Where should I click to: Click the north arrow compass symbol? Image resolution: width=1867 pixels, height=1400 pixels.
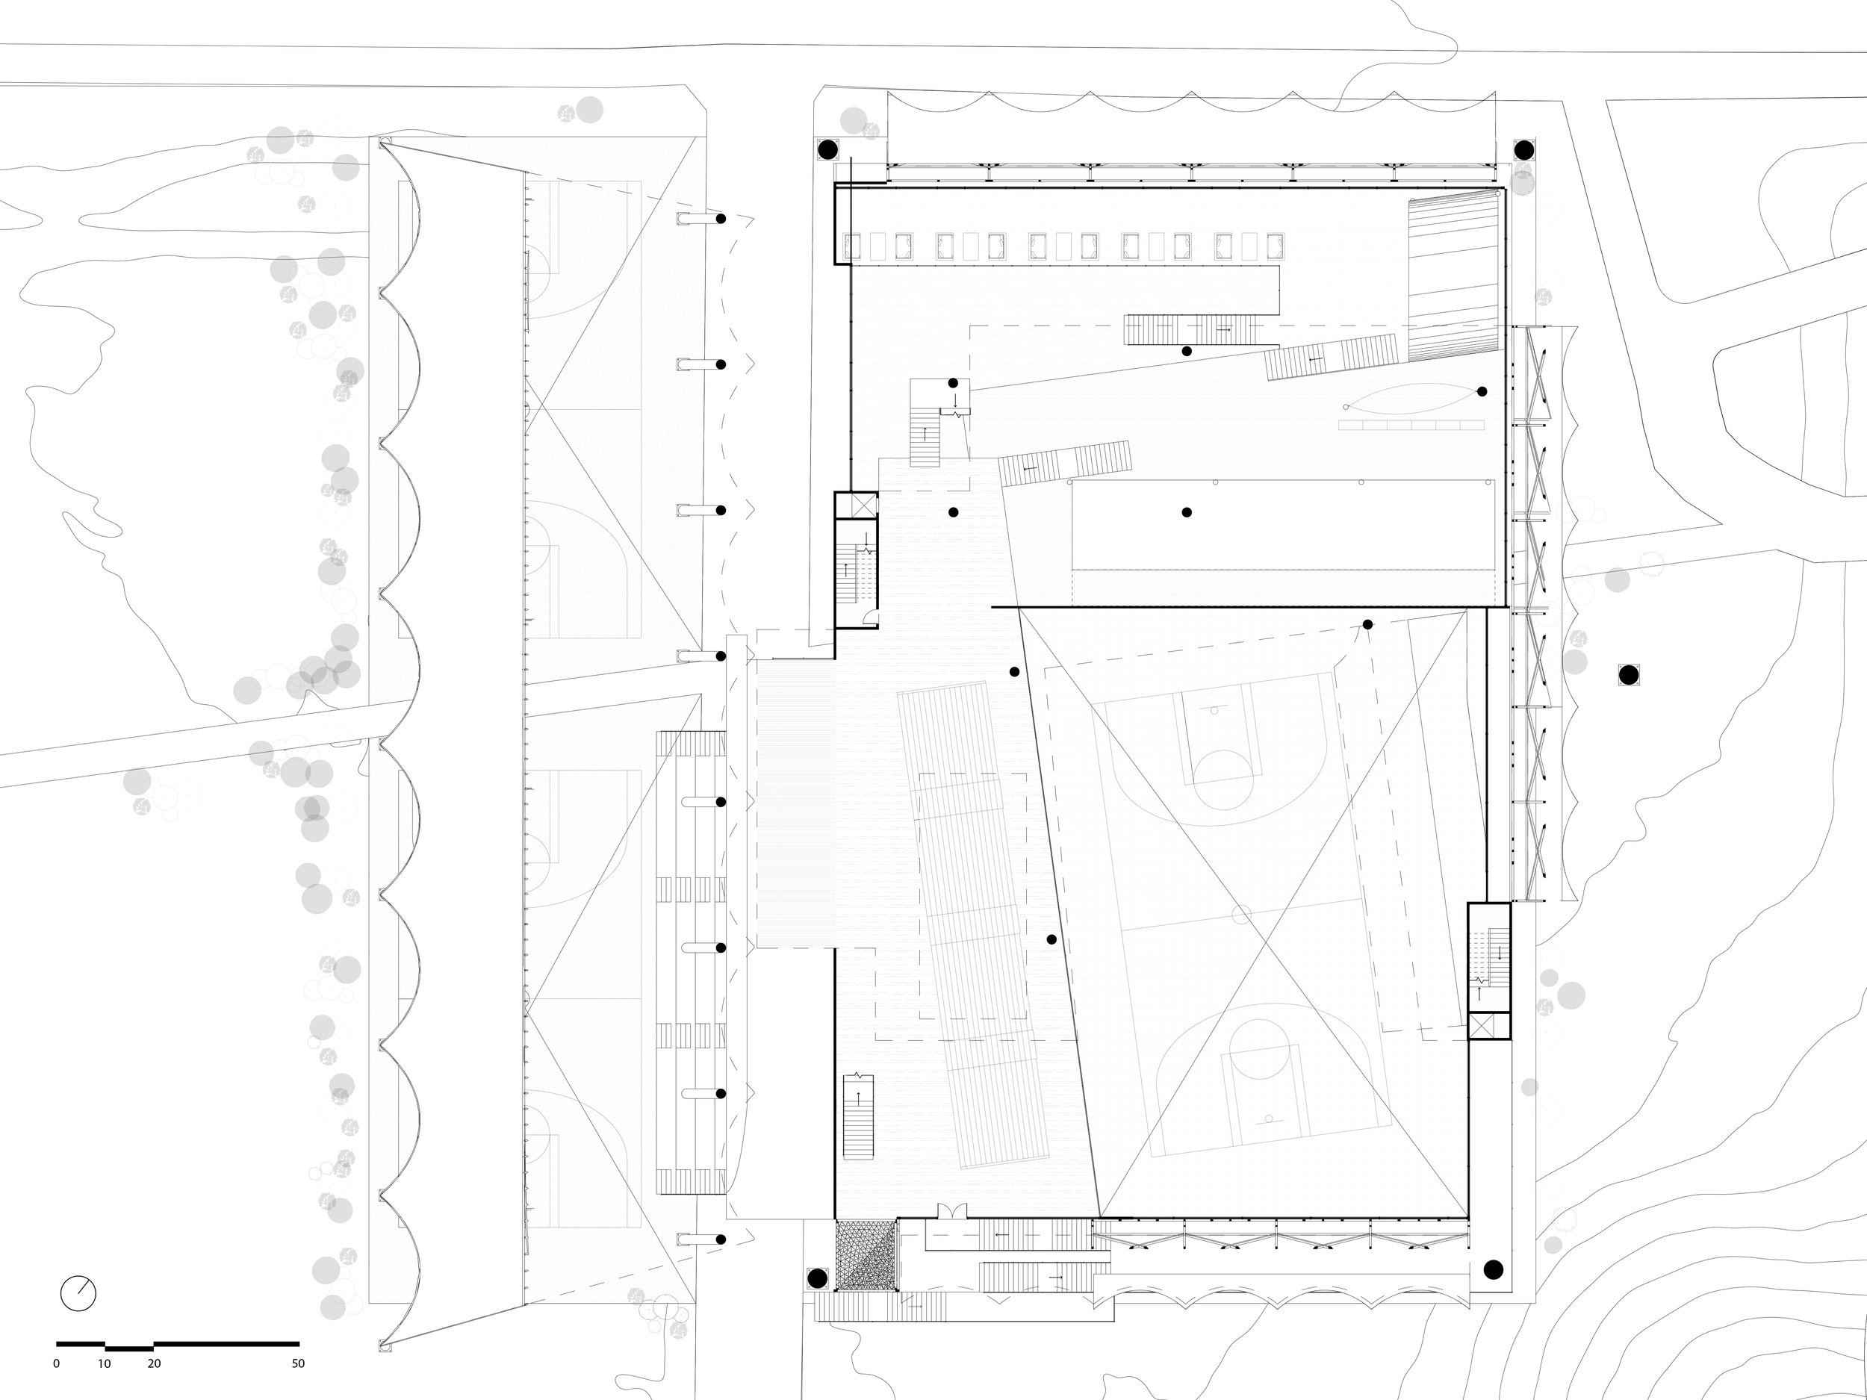pos(78,1292)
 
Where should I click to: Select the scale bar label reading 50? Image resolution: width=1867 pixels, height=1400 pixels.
pos(298,1363)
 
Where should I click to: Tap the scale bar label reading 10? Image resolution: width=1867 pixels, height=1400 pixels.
pos(104,1363)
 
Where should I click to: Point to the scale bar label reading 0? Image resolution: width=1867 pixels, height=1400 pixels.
pos(57,1363)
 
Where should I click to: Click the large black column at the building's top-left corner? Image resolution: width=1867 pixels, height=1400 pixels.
pos(828,150)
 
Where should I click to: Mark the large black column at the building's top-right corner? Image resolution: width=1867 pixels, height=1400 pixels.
pos(1523,150)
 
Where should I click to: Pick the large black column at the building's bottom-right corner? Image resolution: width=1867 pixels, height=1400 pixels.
pos(1493,1269)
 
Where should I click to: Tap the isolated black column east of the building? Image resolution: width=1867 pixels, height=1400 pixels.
pos(1628,674)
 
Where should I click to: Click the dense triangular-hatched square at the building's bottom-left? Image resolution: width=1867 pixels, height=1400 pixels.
pos(865,1255)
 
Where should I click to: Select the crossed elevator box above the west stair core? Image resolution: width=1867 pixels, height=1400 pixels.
pos(857,505)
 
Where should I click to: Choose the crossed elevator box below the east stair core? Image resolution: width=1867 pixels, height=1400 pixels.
pos(1488,1026)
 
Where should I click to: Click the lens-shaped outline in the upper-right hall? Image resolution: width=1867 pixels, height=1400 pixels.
pos(1411,398)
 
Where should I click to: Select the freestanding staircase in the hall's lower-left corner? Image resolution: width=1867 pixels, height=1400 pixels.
pos(858,1117)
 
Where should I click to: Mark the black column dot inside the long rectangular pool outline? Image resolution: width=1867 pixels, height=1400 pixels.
pos(1187,512)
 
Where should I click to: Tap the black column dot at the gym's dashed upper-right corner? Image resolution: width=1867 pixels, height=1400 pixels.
pos(1367,624)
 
